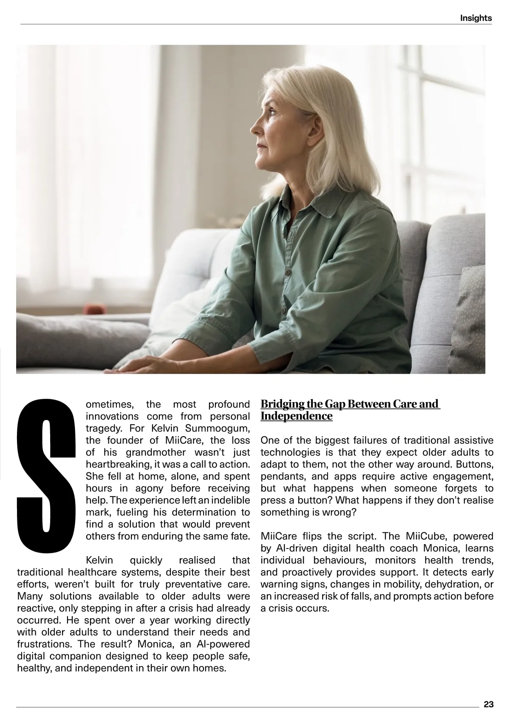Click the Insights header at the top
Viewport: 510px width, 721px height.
[x=476, y=18]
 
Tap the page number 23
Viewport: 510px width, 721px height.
[x=488, y=704]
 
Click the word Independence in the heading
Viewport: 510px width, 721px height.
[x=296, y=416]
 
